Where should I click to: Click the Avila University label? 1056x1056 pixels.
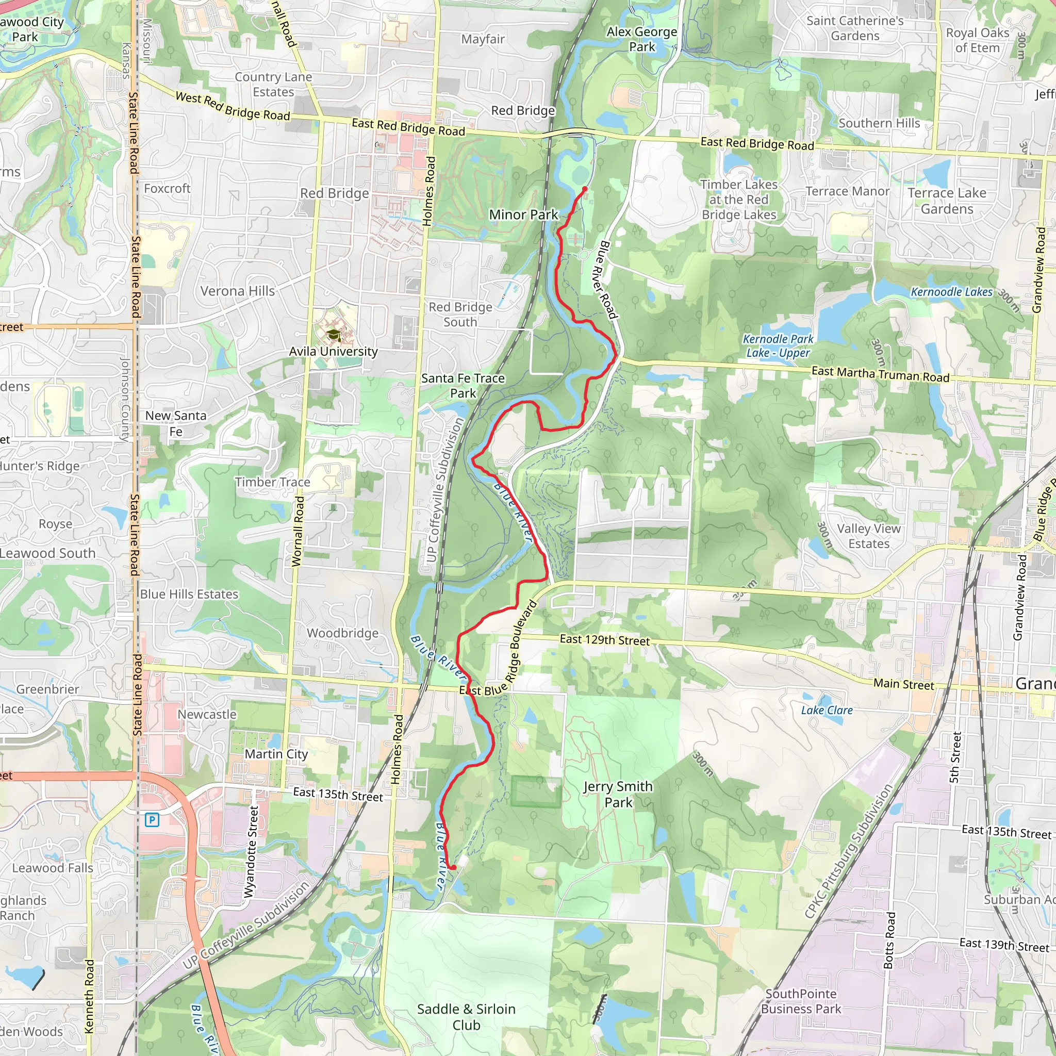pyautogui.click(x=333, y=352)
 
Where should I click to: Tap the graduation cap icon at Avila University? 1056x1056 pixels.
pyautogui.click(x=333, y=335)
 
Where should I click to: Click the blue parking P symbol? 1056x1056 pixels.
pyautogui.click(x=152, y=820)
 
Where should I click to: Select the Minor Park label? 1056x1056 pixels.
pyautogui.click(x=523, y=215)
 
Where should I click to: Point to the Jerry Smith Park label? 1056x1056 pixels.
pyautogui.click(x=618, y=794)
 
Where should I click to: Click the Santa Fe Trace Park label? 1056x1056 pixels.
pyautogui.click(x=463, y=385)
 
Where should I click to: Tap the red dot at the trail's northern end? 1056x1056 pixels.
pyautogui.click(x=584, y=190)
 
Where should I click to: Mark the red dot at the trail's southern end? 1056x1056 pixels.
pyautogui.click(x=453, y=867)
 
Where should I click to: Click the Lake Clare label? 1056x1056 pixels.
pyautogui.click(x=827, y=710)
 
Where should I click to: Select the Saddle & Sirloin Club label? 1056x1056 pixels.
pyautogui.click(x=466, y=1017)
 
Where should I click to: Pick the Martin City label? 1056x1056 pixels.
pyautogui.click(x=276, y=754)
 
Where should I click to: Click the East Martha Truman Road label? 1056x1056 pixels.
pyautogui.click(x=880, y=374)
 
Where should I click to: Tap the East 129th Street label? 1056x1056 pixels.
pyautogui.click(x=604, y=639)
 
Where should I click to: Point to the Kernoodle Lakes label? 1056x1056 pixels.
pyautogui.click(x=951, y=292)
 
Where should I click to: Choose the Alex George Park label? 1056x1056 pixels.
pyautogui.click(x=641, y=39)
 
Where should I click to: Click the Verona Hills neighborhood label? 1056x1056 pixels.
pyautogui.click(x=237, y=291)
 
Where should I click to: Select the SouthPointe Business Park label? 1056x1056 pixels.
pyautogui.click(x=801, y=1001)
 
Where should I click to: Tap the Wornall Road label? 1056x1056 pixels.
pyautogui.click(x=298, y=531)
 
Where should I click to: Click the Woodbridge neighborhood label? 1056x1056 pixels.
pyautogui.click(x=342, y=633)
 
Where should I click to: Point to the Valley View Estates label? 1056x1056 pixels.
pyautogui.click(x=868, y=536)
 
